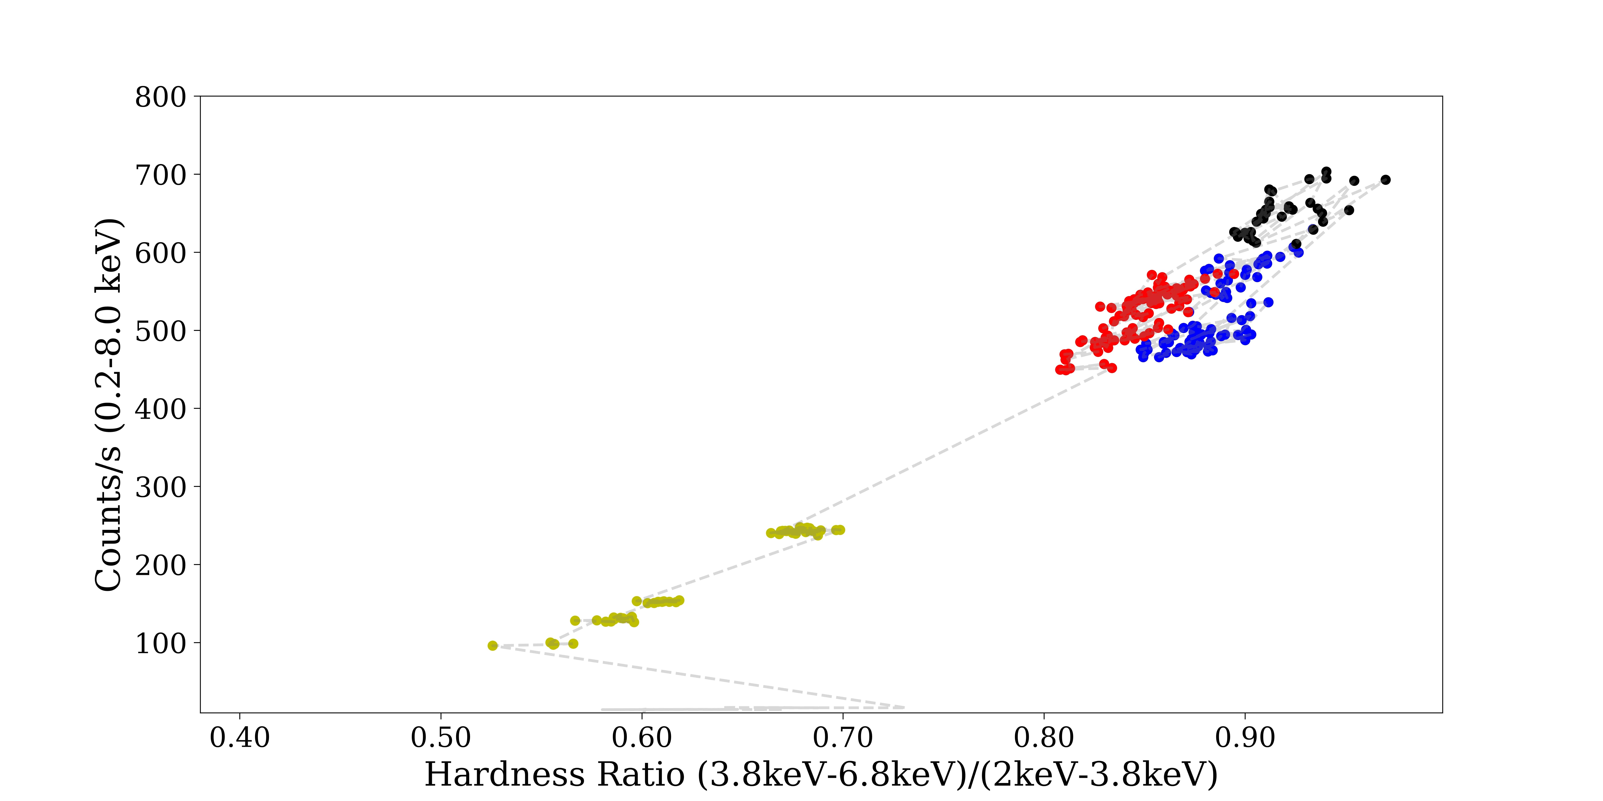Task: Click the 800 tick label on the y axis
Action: [160, 98]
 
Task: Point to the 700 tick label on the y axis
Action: [160, 176]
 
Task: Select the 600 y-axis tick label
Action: [160, 254]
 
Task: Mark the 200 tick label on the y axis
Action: [160, 566]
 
